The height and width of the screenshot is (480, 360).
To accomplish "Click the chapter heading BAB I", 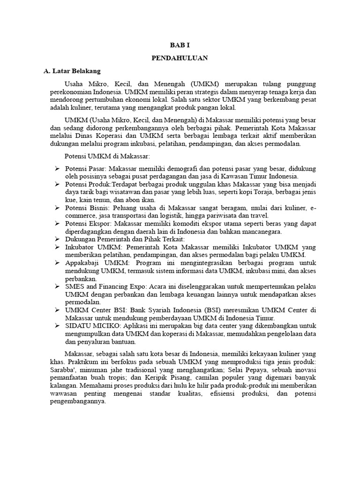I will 180,45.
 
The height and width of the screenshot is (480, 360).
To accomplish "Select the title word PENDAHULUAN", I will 180,58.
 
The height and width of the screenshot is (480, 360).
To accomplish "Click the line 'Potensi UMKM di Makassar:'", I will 107,156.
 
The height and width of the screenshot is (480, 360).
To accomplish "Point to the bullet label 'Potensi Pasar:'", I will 87,168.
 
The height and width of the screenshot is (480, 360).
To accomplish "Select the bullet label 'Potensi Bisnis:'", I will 88,208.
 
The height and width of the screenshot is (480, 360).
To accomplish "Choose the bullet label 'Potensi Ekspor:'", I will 88,224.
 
